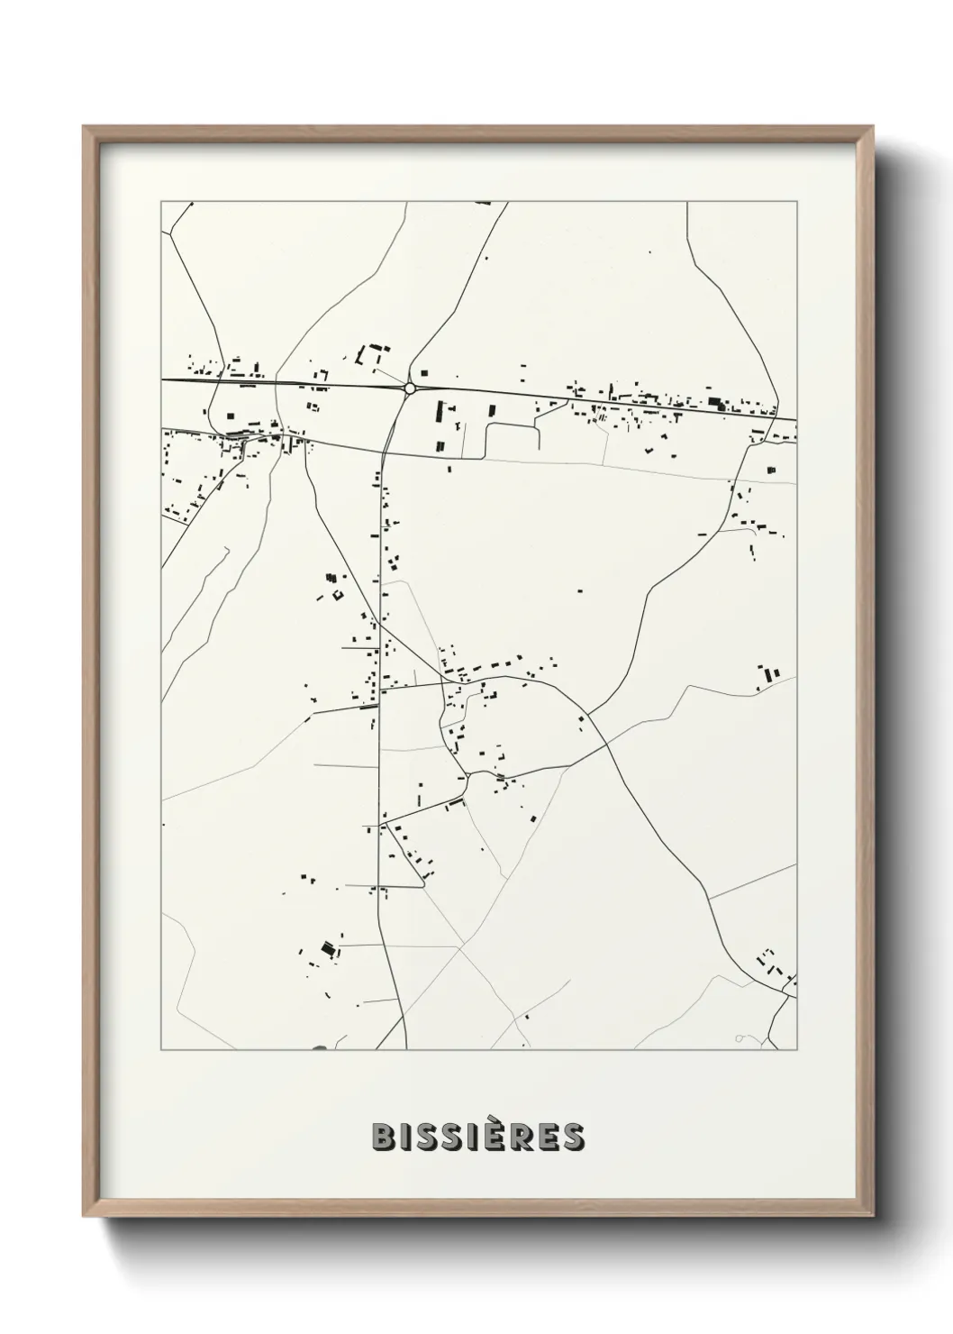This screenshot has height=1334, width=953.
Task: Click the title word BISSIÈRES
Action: pyautogui.click(x=477, y=1137)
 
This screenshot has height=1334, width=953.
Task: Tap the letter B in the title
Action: pyautogui.click(x=381, y=1137)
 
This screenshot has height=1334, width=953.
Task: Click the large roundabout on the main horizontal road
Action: pyautogui.click(x=410, y=388)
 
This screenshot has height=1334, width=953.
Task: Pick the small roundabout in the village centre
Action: pyautogui.click(x=468, y=774)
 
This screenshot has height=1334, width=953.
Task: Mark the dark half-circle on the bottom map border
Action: pyautogui.click(x=321, y=1047)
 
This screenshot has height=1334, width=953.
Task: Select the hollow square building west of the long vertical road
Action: pyautogui.click(x=338, y=594)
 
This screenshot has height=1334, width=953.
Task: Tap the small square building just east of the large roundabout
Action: pyautogui.click(x=424, y=372)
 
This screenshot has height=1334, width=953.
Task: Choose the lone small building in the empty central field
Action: pyautogui.click(x=580, y=591)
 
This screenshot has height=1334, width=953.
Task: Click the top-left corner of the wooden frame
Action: pyautogui.click(x=84, y=127)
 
